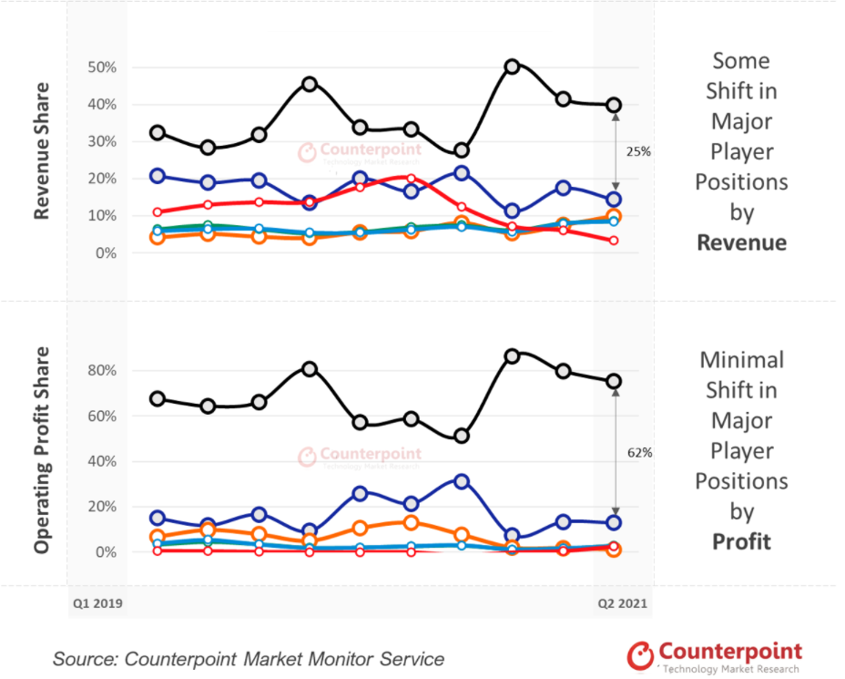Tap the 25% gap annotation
638,152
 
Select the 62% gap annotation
638,451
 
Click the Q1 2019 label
97,603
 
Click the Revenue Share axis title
41,151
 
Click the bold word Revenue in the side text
741,242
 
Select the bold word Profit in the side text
741,541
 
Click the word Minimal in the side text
741,359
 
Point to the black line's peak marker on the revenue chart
513,67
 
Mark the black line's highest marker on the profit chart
513,355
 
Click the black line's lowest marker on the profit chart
461,437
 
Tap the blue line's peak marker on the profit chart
461,480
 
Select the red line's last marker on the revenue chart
614,241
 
